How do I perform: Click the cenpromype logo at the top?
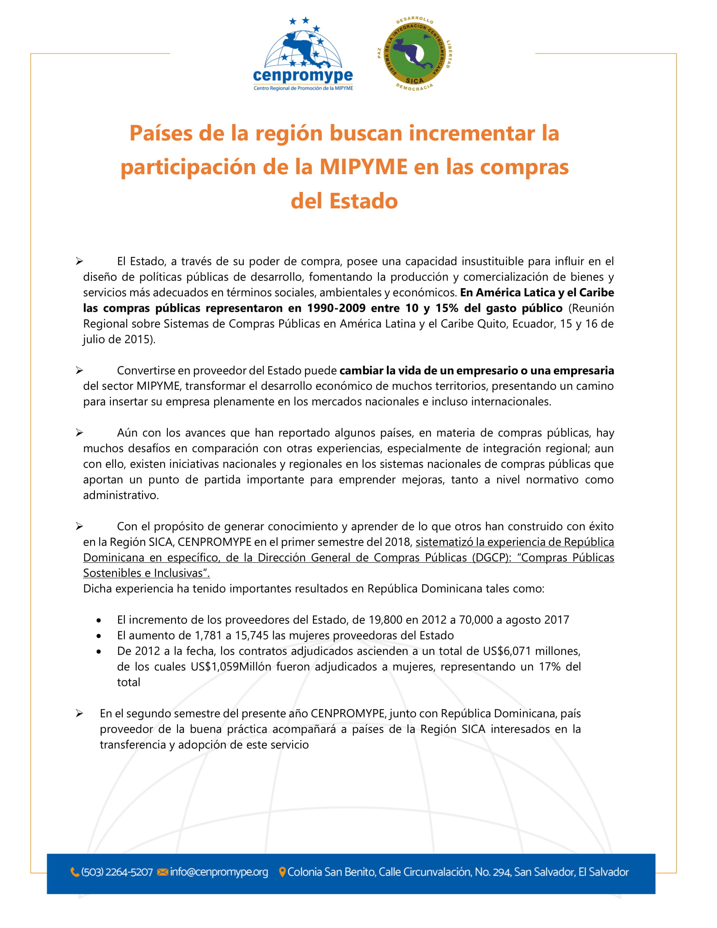point(302,54)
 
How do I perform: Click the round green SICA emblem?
point(414,54)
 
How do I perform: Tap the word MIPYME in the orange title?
point(364,167)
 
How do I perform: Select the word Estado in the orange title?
point(364,201)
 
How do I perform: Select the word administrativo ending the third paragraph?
point(121,496)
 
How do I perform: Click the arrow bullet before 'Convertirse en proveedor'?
point(79,370)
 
